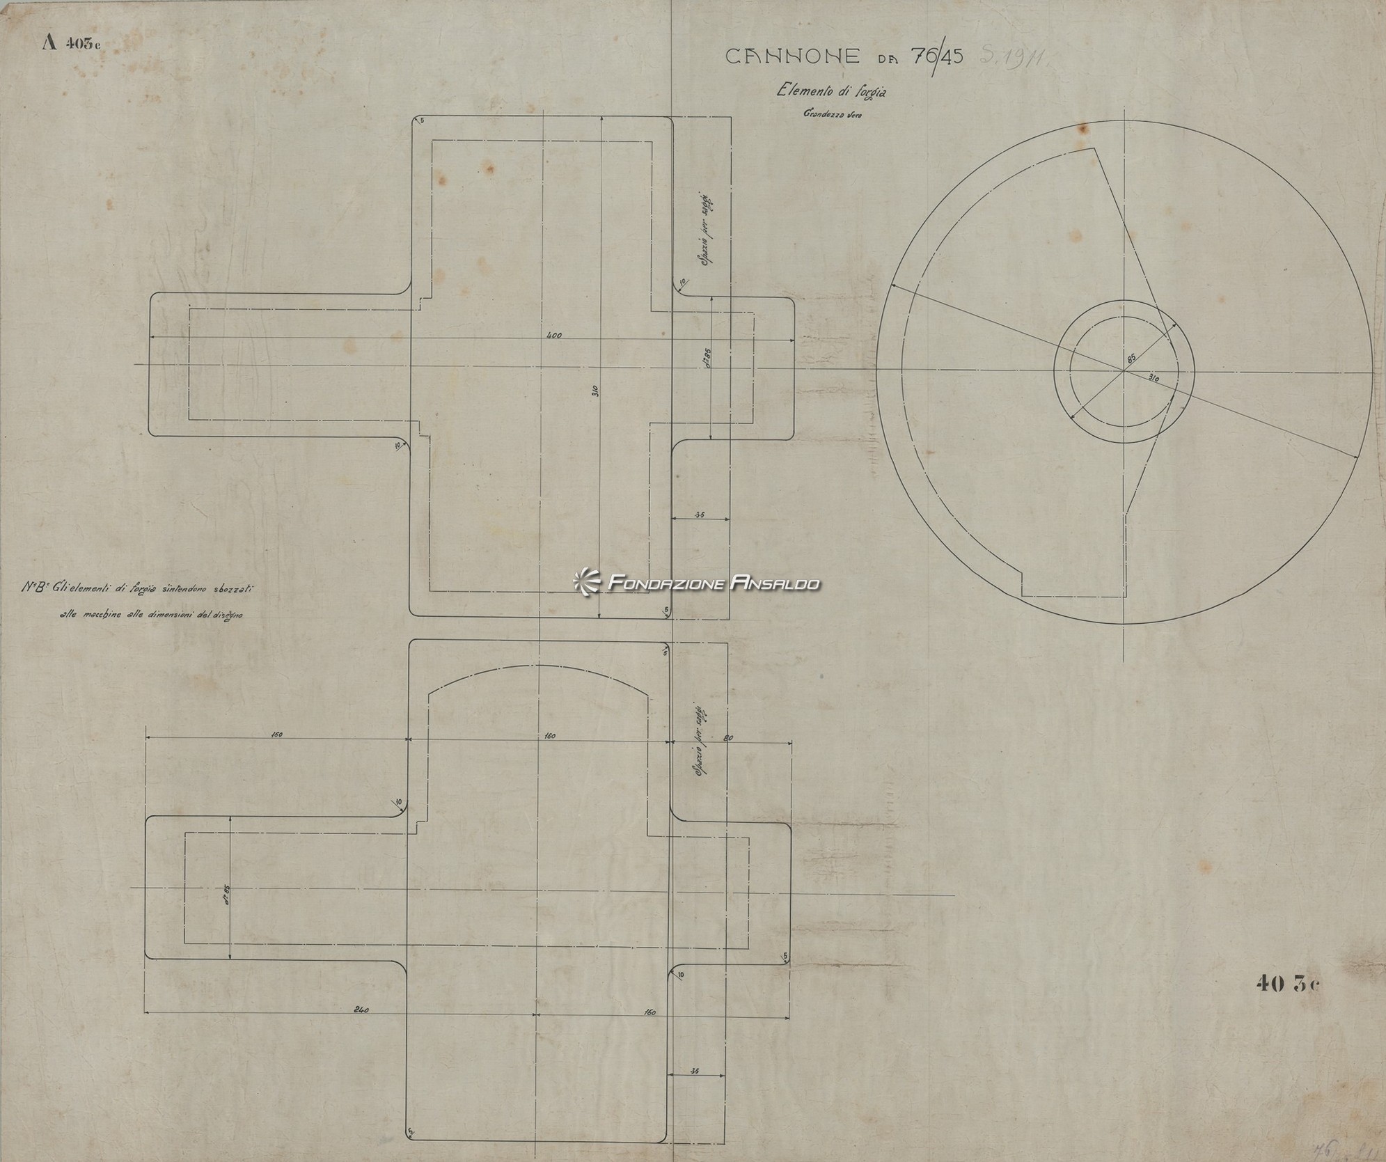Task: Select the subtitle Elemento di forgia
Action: click(x=836, y=91)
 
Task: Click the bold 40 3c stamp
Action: click(x=1287, y=983)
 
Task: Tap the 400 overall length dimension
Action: click(x=553, y=336)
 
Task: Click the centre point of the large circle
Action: click(x=1123, y=370)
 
